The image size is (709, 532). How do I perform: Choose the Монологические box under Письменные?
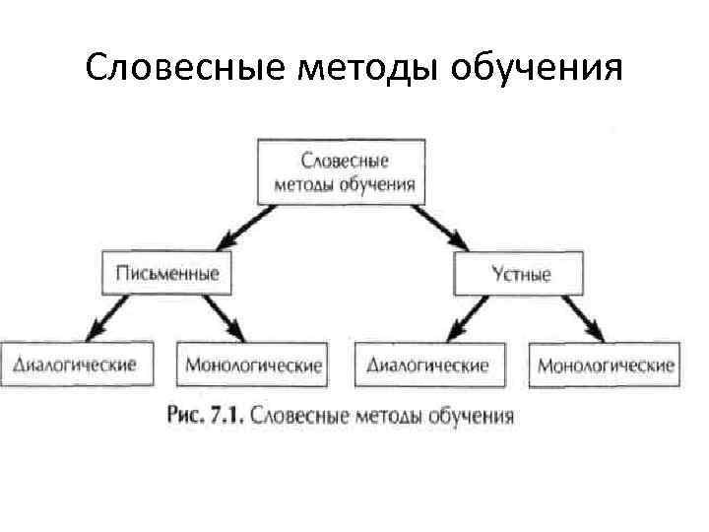pyautogui.click(x=251, y=366)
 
